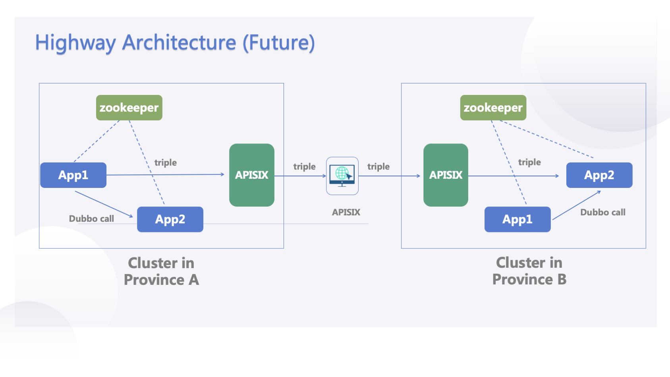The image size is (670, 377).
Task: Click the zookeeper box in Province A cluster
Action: tap(129, 108)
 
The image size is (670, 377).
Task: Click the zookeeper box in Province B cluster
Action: tap(493, 108)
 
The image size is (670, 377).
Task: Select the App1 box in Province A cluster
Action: tap(73, 175)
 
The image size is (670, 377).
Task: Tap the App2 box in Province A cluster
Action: tap(170, 219)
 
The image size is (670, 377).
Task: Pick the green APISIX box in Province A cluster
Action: tap(251, 175)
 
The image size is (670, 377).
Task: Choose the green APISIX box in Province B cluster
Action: tap(446, 175)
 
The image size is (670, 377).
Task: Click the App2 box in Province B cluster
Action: tap(599, 175)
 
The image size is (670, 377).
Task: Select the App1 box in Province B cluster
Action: tap(517, 219)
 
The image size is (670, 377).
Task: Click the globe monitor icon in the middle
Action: tap(342, 176)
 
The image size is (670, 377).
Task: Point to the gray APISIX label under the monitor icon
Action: tap(346, 212)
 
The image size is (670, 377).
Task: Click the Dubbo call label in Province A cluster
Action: tap(91, 218)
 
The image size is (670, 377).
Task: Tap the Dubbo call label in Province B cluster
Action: tap(602, 212)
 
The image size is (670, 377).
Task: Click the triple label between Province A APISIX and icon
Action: tap(304, 166)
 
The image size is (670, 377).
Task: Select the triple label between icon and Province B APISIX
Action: tap(378, 166)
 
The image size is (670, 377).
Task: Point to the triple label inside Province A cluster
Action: tap(165, 162)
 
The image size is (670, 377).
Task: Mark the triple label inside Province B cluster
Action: tap(529, 162)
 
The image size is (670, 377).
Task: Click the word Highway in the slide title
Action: tap(75, 43)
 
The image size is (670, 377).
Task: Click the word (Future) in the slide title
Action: tap(278, 43)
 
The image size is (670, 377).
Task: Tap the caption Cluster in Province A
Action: tap(161, 271)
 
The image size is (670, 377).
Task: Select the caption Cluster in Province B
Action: tap(529, 271)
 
